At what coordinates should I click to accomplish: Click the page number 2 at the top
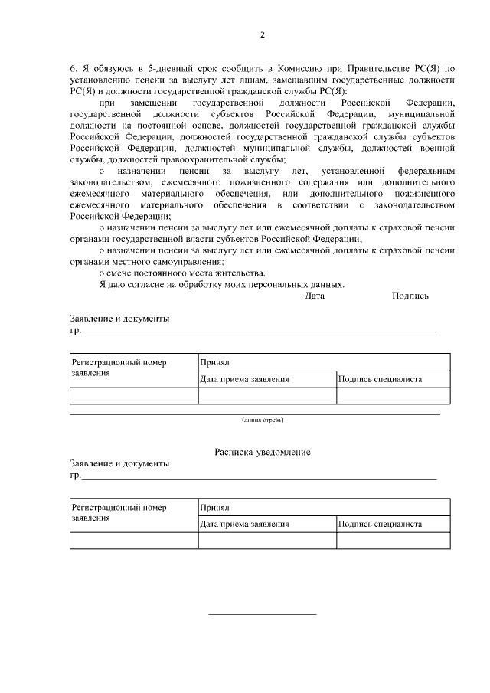(262, 34)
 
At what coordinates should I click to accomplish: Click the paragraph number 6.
(73, 68)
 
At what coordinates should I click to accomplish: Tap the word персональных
(272, 284)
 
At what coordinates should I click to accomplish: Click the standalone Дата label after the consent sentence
(315, 296)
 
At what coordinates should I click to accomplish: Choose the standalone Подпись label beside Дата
(410, 296)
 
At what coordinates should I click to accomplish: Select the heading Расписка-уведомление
(262, 453)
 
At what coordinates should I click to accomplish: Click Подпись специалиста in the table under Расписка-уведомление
(380, 525)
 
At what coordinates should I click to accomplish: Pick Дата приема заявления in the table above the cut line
(244, 379)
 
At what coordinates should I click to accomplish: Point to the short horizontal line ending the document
(263, 614)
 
